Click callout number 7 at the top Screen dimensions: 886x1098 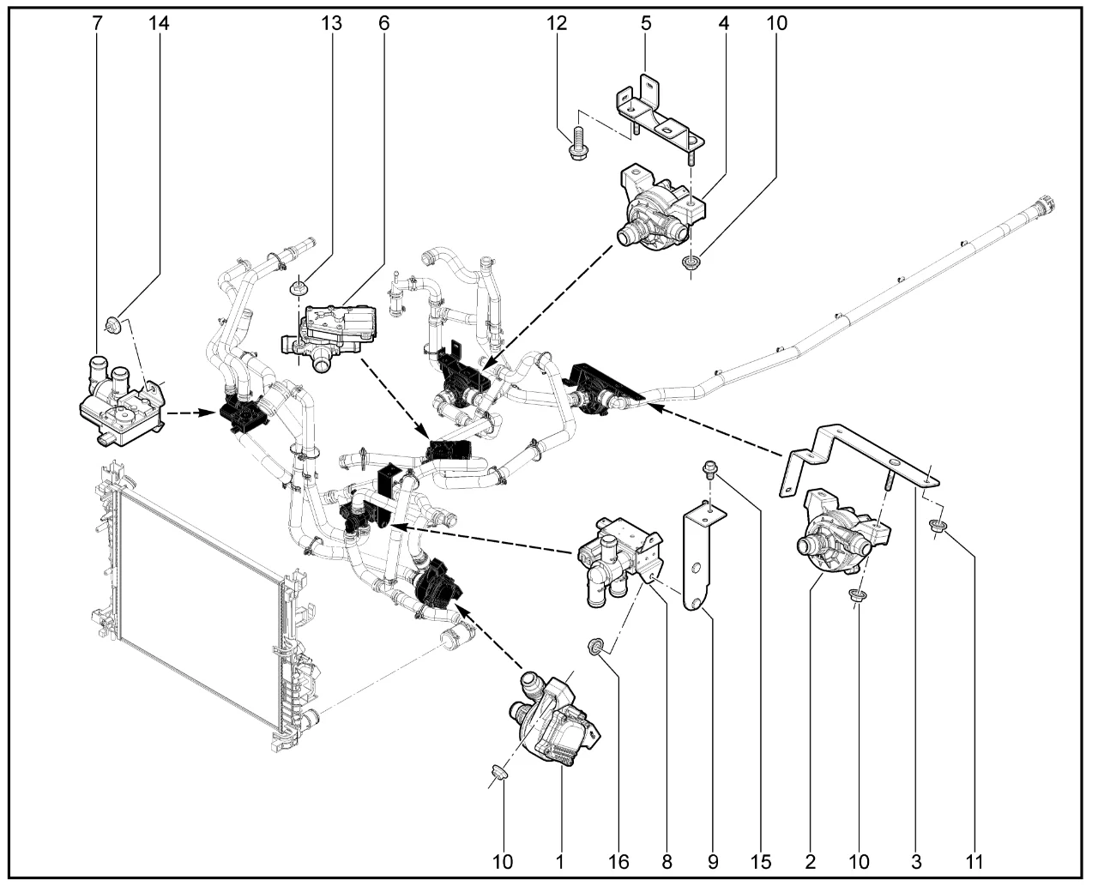96,23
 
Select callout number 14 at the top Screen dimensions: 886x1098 159,23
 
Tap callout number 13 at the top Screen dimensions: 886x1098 331,23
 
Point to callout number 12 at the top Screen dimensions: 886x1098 558,23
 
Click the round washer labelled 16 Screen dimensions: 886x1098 594,644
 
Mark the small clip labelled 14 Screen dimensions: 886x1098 112,322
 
